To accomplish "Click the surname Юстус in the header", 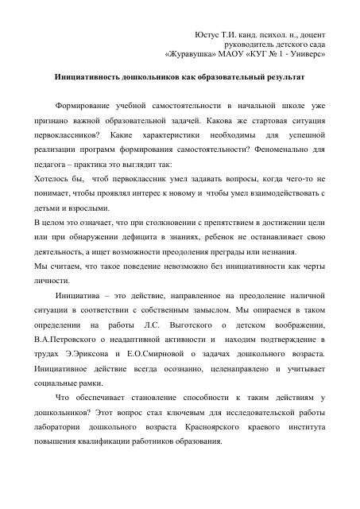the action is [x=208, y=36].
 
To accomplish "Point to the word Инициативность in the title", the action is [x=88, y=81].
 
